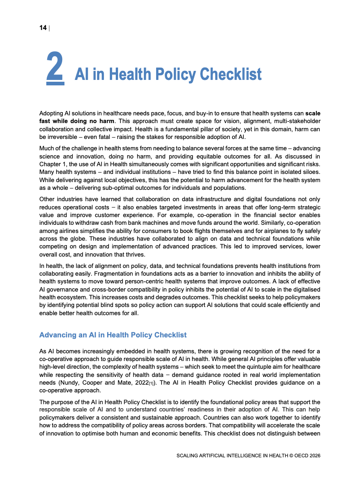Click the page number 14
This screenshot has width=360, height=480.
[x=43, y=28]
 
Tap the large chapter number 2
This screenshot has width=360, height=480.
[x=54, y=69]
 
